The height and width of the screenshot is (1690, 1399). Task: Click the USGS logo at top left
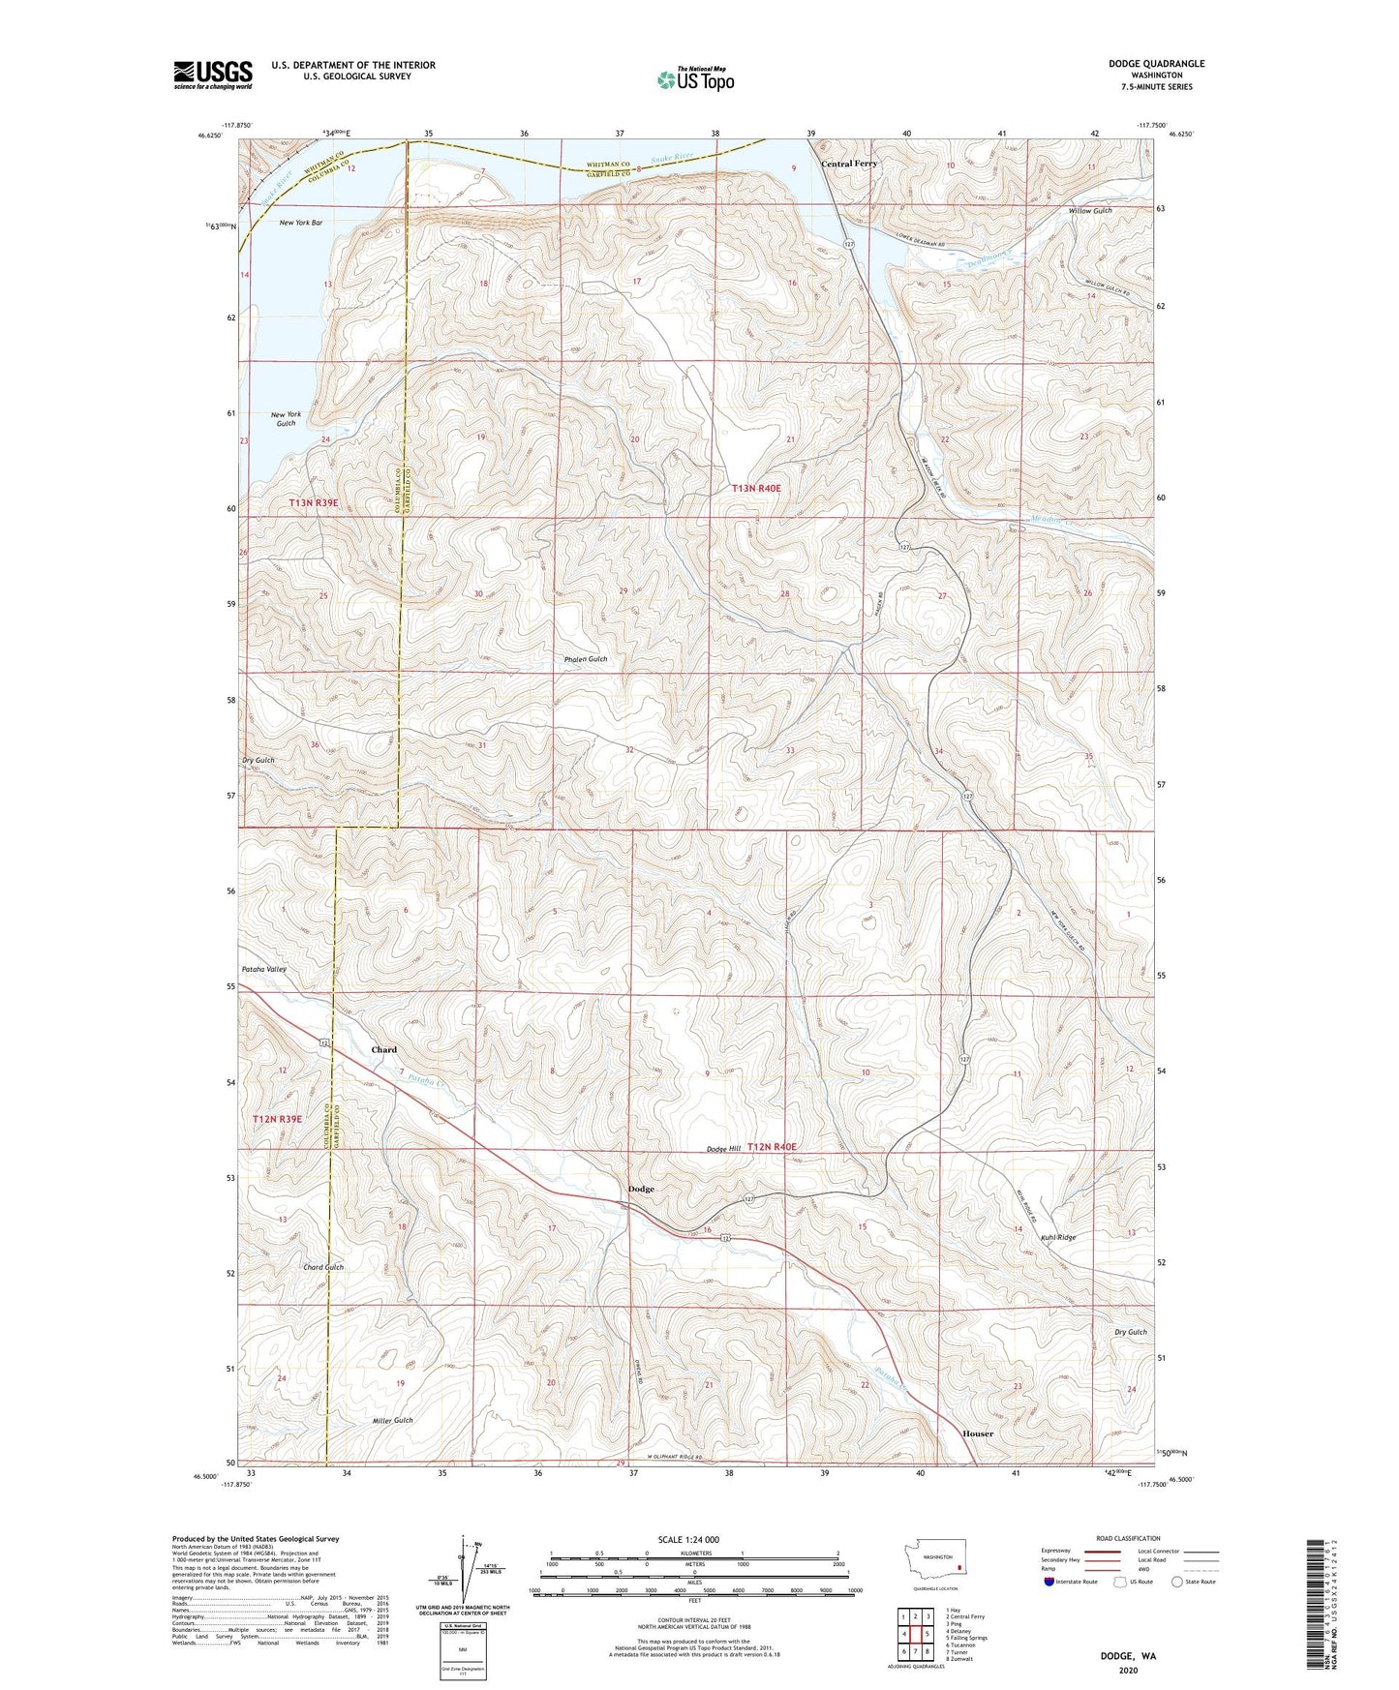(213, 75)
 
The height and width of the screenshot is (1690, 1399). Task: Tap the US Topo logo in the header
(694, 79)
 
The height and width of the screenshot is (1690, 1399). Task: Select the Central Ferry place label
(849, 165)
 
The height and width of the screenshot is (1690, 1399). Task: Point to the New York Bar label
(301, 223)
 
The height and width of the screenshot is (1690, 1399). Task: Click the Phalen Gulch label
(586, 659)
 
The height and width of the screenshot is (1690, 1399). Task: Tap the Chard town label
(384, 1049)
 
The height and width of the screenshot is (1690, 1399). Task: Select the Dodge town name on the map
(641, 1189)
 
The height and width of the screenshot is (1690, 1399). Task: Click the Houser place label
(978, 1433)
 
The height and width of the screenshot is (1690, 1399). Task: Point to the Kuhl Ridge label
(1058, 1237)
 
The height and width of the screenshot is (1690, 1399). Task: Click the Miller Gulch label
(393, 1420)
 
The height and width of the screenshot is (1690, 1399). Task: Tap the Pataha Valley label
(263, 969)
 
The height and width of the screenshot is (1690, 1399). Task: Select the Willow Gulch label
(1090, 210)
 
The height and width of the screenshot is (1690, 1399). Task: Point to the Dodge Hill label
(723, 1149)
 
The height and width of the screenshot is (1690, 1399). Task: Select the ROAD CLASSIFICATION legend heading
(1128, 1538)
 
